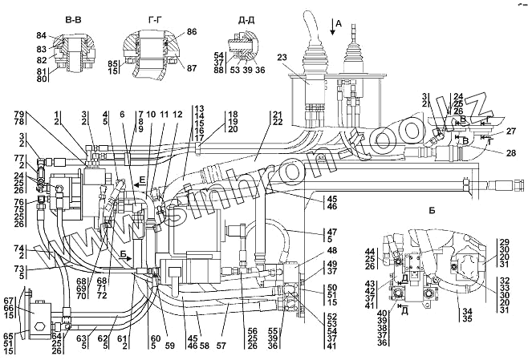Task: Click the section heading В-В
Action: [67, 15]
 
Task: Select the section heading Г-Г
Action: [144, 15]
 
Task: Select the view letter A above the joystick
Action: [338, 24]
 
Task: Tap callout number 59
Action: [169, 324]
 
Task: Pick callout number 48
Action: [332, 250]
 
